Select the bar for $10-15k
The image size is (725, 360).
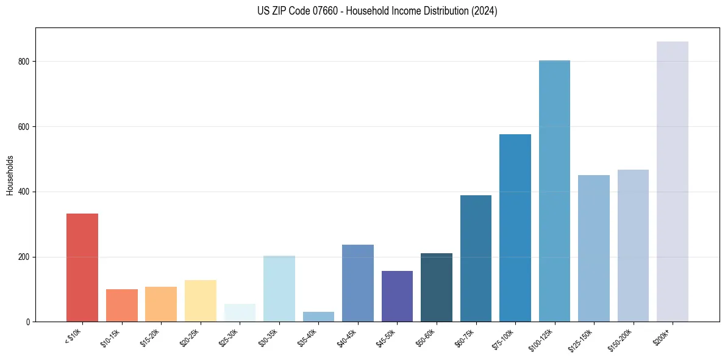[x=121, y=305]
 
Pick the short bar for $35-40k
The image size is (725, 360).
[x=318, y=317]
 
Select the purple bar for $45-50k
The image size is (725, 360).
[x=397, y=296]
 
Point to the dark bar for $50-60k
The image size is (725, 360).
[x=436, y=287]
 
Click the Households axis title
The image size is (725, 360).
[x=10, y=175]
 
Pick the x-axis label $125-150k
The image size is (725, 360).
[x=580, y=339]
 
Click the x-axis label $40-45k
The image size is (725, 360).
[x=347, y=337]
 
